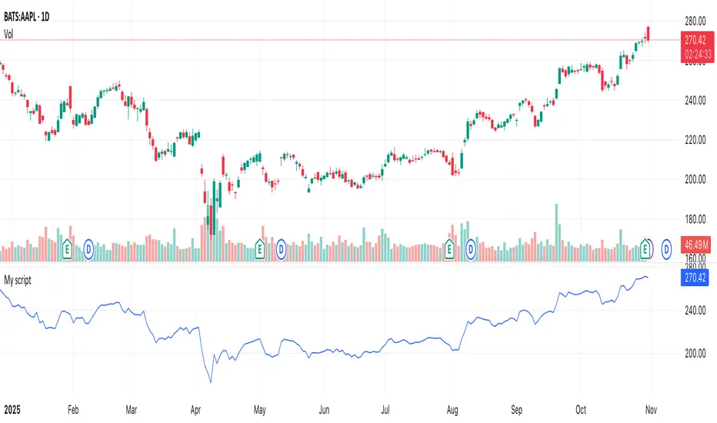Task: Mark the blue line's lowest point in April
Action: [x=210, y=381]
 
